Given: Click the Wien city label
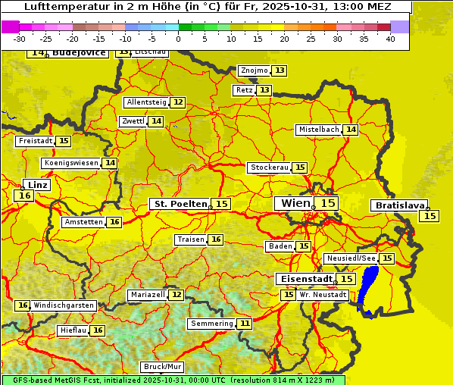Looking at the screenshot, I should [x=295, y=203].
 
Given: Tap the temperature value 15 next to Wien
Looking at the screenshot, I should [x=327, y=203].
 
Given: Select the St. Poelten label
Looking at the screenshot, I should [x=180, y=204].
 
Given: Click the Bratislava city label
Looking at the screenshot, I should [x=398, y=205].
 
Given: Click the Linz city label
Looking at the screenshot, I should [x=37, y=185].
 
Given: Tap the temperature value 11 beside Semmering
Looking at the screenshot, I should [x=245, y=324].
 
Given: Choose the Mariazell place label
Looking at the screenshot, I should [x=148, y=294].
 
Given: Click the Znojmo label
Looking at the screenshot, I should [x=254, y=70].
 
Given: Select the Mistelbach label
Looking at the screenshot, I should [x=318, y=130].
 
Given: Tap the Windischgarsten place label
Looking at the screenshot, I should [x=64, y=305].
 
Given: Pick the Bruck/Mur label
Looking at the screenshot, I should [x=163, y=367].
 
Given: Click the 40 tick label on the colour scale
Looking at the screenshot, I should [x=390, y=39].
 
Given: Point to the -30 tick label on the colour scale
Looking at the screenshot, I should [x=20, y=39].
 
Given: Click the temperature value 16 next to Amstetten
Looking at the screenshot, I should [x=114, y=222].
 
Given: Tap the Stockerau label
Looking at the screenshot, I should [x=269, y=167].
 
